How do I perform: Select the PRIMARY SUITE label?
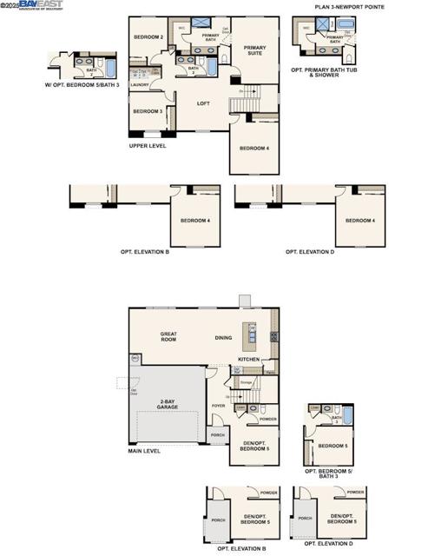[x=254, y=50]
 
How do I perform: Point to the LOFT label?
[x=203, y=103]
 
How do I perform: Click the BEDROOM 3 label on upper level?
[x=147, y=111]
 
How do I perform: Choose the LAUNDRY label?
[x=139, y=85]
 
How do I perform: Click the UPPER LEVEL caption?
[x=148, y=146]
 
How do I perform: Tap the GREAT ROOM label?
[x=168, y=336]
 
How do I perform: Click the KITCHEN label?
[x=249, y=359]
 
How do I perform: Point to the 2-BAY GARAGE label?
[x=168, y=405]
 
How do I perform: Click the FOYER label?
[x=218, y=405]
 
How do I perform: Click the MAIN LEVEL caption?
[x=146, y=451]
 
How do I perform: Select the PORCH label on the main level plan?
[x=217, y=435]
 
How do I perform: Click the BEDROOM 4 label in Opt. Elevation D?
[x=359, y=221]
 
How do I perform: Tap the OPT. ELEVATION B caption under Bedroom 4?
[x=144, y=252]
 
